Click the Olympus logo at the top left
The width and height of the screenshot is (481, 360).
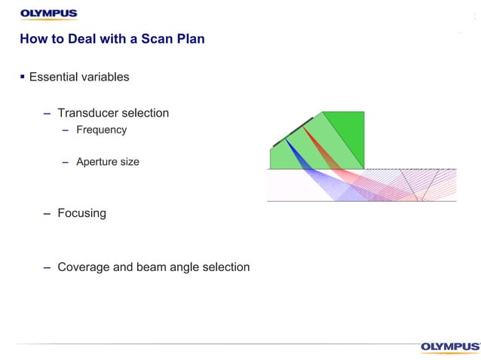click(48, 14)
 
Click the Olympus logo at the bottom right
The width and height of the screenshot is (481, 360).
click(449, 346)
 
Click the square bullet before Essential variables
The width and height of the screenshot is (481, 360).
click(23, 76)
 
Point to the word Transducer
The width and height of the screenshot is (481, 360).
click(87, 113)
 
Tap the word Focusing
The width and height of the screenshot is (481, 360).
click(81, 213)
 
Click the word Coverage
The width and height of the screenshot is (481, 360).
click(84, 267)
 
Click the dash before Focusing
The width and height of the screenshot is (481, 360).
click(47, 213)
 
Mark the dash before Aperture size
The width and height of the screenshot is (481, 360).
click(66, 162)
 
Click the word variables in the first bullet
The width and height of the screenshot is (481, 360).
click(106, 77)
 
